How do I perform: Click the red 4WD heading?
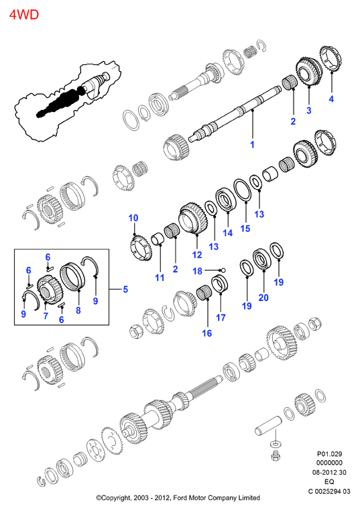[x=24, y=15]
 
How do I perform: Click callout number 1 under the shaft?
[x=252, y=144]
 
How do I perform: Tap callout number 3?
[x=309, y=110]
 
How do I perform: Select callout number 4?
[x=331, y=99]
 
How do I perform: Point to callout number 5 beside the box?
[x=125, y=289]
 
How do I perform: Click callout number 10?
[x=133, y=218]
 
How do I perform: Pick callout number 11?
[x=160, y=278]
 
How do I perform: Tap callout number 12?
[x=197, y=255]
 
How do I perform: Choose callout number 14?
[x=228, y=233]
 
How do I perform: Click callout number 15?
[x=245, y=228]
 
